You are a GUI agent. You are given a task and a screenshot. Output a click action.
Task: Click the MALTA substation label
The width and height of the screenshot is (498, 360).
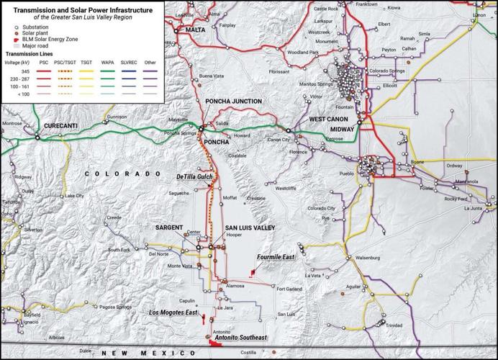[195, 30]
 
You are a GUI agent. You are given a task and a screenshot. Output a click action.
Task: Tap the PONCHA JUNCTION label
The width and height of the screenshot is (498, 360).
[233, 102]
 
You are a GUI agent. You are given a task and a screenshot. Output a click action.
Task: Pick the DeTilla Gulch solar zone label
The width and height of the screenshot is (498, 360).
[194, 176]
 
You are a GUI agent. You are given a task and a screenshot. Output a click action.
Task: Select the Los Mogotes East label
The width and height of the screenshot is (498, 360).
[173, 313]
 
